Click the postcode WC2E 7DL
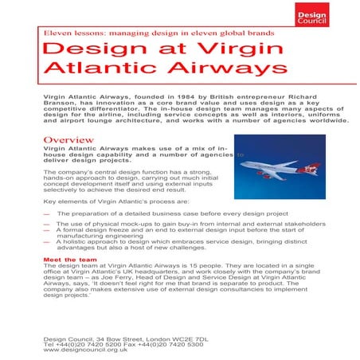[x=187, y=338]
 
